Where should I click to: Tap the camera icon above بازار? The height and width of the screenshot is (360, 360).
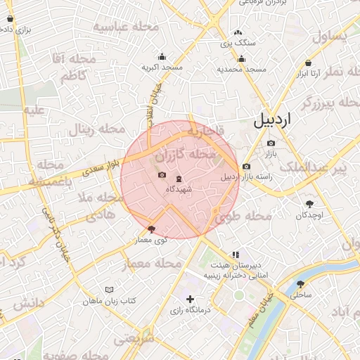pyautogui.click(x=271, y=143)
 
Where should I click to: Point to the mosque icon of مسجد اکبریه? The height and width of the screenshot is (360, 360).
pyautogui.click(x=162, y=57)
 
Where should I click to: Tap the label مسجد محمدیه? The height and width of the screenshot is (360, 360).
pyautogui.click(x=241, y=69)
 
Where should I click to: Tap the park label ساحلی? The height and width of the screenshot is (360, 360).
pyautogui.click(x=301, y=296)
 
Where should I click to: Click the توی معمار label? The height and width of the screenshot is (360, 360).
pyautogui.click(x=151, y=240)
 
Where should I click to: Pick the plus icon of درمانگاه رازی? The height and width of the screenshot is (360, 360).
pyautogui.click(x=190, y=300)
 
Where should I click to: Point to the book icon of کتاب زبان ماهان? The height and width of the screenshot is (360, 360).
pyautogui.click(x=109, y=290)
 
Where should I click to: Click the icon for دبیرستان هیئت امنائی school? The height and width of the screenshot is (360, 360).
pyautogui.click(x=235, y=255)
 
